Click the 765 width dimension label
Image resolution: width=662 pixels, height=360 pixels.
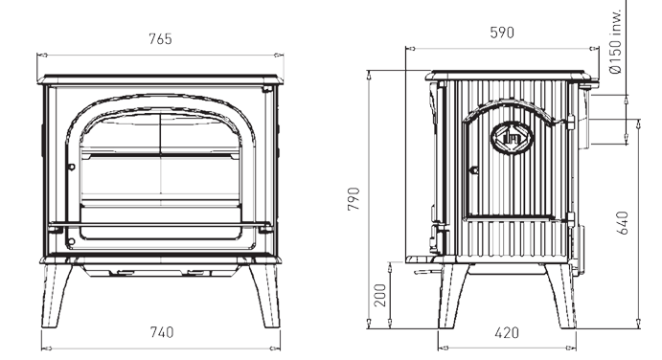click(160, 39)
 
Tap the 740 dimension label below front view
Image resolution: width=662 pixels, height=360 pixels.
click(162, 332)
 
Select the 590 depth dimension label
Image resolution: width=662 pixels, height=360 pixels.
click(502, 33)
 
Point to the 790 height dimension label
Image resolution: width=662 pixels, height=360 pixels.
click(354, 199)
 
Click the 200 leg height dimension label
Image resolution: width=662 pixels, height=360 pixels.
click(380, 295)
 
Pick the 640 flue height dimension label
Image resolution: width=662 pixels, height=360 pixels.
click(623, 223)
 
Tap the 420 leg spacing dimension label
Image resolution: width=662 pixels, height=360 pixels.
click(507, 333)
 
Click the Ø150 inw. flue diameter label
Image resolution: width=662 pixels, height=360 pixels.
click(616, 41)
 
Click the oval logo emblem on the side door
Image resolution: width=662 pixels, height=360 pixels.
click(513, 138)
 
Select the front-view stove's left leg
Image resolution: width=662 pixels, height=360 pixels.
click(56, 296)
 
